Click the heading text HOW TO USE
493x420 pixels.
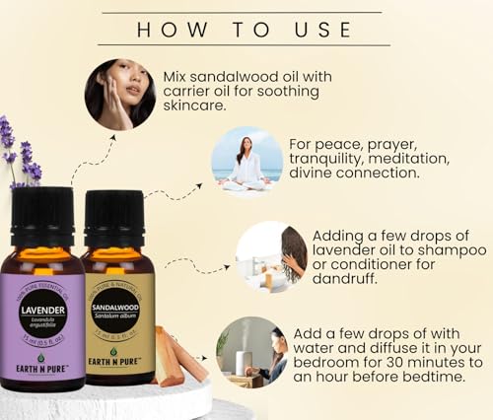pyautogui.click(x=244, y=30)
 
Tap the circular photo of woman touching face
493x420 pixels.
pyautogui.click(x=119, y=94)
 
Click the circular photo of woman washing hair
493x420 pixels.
pyautogui.click(x=271, y=255)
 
